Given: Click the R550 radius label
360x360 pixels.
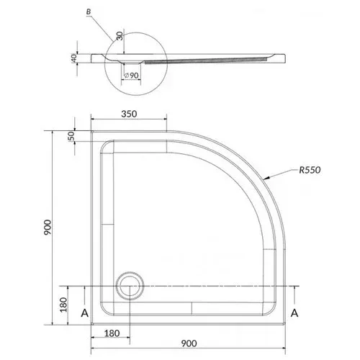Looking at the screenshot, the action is tap(310, 170).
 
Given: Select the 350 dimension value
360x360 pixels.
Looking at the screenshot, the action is tap(129, 114).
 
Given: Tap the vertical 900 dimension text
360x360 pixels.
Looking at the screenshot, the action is tap(48, 228).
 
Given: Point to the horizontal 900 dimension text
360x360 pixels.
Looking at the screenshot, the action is tap(189, 343).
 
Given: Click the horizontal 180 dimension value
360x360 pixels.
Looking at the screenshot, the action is tap(112, 333).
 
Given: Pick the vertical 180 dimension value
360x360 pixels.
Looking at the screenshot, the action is tap(63, 305).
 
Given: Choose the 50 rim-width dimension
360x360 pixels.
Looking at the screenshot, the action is tap(72, 136).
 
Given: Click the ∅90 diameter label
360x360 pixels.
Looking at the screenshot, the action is tap(131, 76).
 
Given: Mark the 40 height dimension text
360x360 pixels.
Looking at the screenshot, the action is tap(74, 58).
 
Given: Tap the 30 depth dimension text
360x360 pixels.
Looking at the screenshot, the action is tap(120, 36).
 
